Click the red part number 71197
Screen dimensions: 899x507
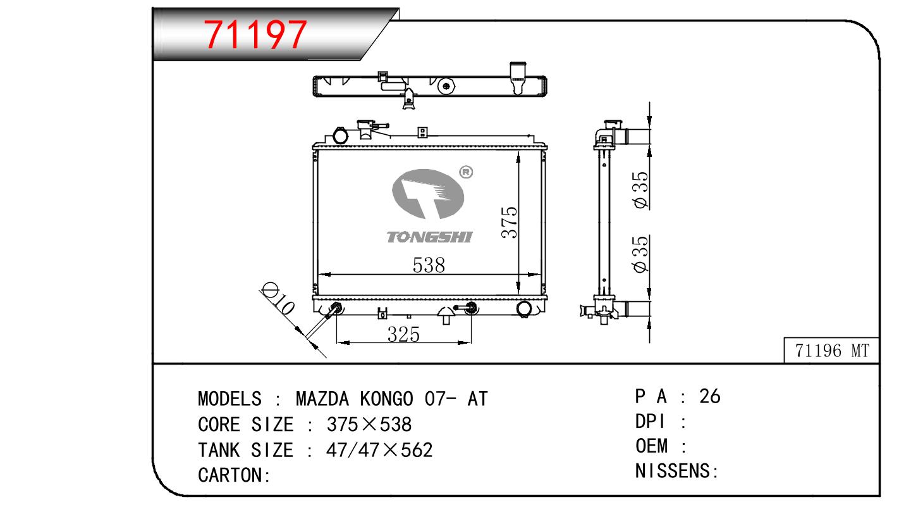255,35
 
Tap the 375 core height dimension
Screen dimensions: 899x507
510,222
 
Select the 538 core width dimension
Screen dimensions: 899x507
429,265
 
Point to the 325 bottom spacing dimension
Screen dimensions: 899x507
403,334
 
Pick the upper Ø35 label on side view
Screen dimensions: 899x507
640,190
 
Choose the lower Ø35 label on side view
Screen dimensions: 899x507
640,254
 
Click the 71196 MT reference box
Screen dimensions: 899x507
831,351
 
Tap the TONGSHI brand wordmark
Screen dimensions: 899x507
429,237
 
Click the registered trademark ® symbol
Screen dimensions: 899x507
466,172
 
